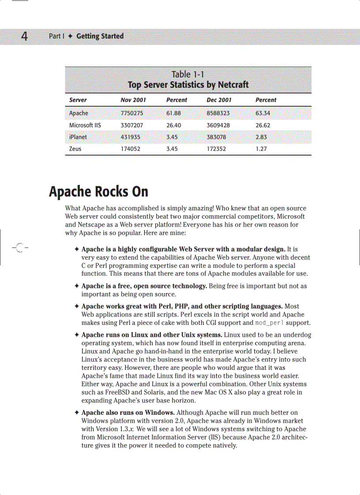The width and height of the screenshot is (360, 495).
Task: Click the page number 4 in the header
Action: pos(24,36)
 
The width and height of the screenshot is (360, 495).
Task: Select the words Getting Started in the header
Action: pos(100,36)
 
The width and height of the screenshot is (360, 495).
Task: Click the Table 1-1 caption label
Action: pos(187,74)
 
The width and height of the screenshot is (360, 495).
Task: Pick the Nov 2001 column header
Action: pos(133,100)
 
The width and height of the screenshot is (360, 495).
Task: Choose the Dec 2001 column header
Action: pos(219,100)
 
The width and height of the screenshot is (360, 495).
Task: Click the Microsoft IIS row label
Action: pos(85,125)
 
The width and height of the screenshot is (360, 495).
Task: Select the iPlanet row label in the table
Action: pos(78,137)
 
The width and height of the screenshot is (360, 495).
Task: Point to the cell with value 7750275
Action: pos(131,113)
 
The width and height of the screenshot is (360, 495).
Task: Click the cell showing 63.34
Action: pos(263,113)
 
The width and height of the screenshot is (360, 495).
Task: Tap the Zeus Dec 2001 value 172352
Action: pos(216,149)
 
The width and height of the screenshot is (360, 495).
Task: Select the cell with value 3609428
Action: pos(218,125)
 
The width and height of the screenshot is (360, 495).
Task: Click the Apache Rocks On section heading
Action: pos(98,192)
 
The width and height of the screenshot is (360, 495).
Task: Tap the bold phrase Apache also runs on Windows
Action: pos(128,413)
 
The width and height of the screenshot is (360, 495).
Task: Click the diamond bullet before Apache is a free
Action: pos(77,287)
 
